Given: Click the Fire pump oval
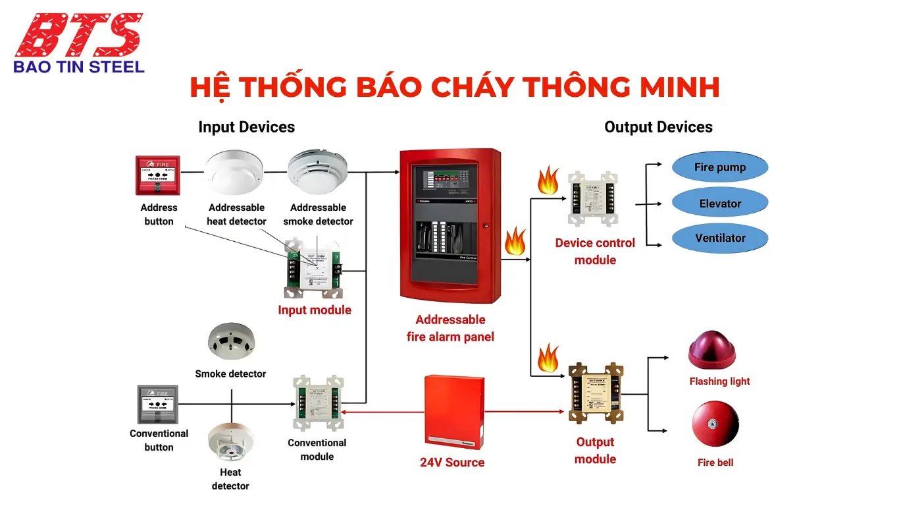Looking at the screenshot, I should coord(719,167).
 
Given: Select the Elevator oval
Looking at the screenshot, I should coord(719,204).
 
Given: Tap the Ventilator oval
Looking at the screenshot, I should coord(719,238).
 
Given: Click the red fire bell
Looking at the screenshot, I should coord(715,424).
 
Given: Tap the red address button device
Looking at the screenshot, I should coord(158,175).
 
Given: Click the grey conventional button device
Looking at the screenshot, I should coord(157,404).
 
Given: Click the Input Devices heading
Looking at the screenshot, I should coord(246,127).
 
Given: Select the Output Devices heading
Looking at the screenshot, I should coord(658,127).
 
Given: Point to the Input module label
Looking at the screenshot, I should coord(315,310).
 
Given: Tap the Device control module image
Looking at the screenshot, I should coord(594,200).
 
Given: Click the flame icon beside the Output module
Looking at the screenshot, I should coord(548,358).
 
